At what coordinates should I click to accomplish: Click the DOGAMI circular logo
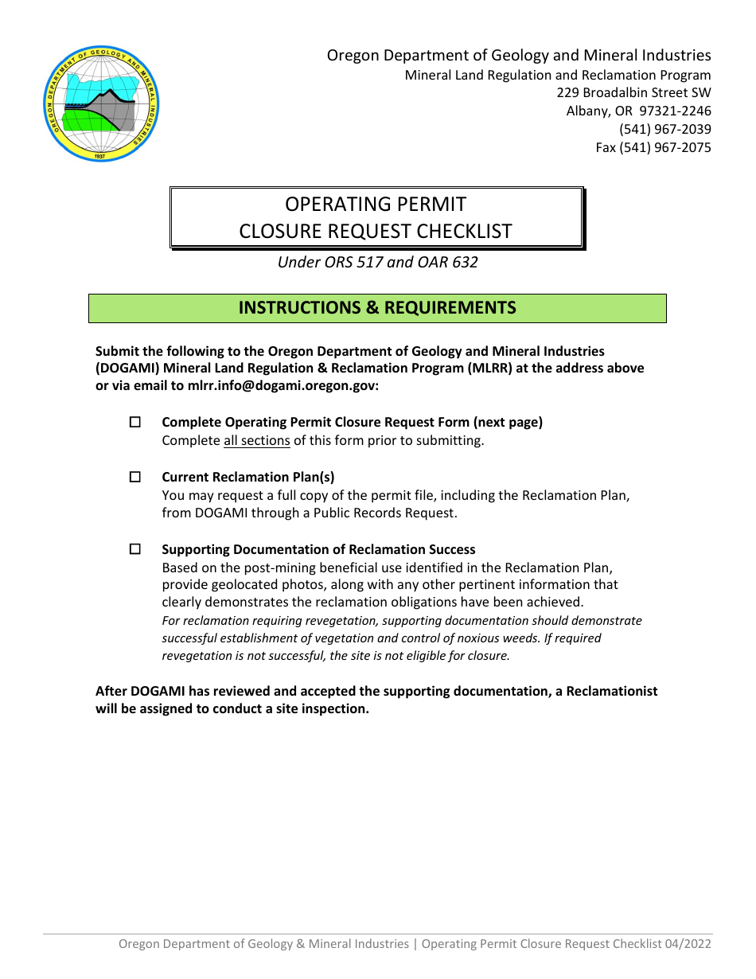pos(101,103)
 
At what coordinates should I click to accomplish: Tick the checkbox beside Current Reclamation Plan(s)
pos(134,477)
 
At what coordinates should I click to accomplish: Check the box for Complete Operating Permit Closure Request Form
pos(134,422)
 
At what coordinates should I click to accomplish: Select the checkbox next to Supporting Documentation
pos(134,549)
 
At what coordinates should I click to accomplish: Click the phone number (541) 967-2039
pos(664,129)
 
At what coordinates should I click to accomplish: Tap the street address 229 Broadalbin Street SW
pos(633,92)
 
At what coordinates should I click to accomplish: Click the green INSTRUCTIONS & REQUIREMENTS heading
pos(377,308)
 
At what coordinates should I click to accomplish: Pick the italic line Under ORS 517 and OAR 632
pos(377,262)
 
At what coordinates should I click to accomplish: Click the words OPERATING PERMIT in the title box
pos(376,204)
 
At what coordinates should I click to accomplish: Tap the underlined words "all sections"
pos(256,440)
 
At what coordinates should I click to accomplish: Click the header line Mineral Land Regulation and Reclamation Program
pos(558,75)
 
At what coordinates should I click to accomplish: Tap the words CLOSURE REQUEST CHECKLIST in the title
pos(376,232)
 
